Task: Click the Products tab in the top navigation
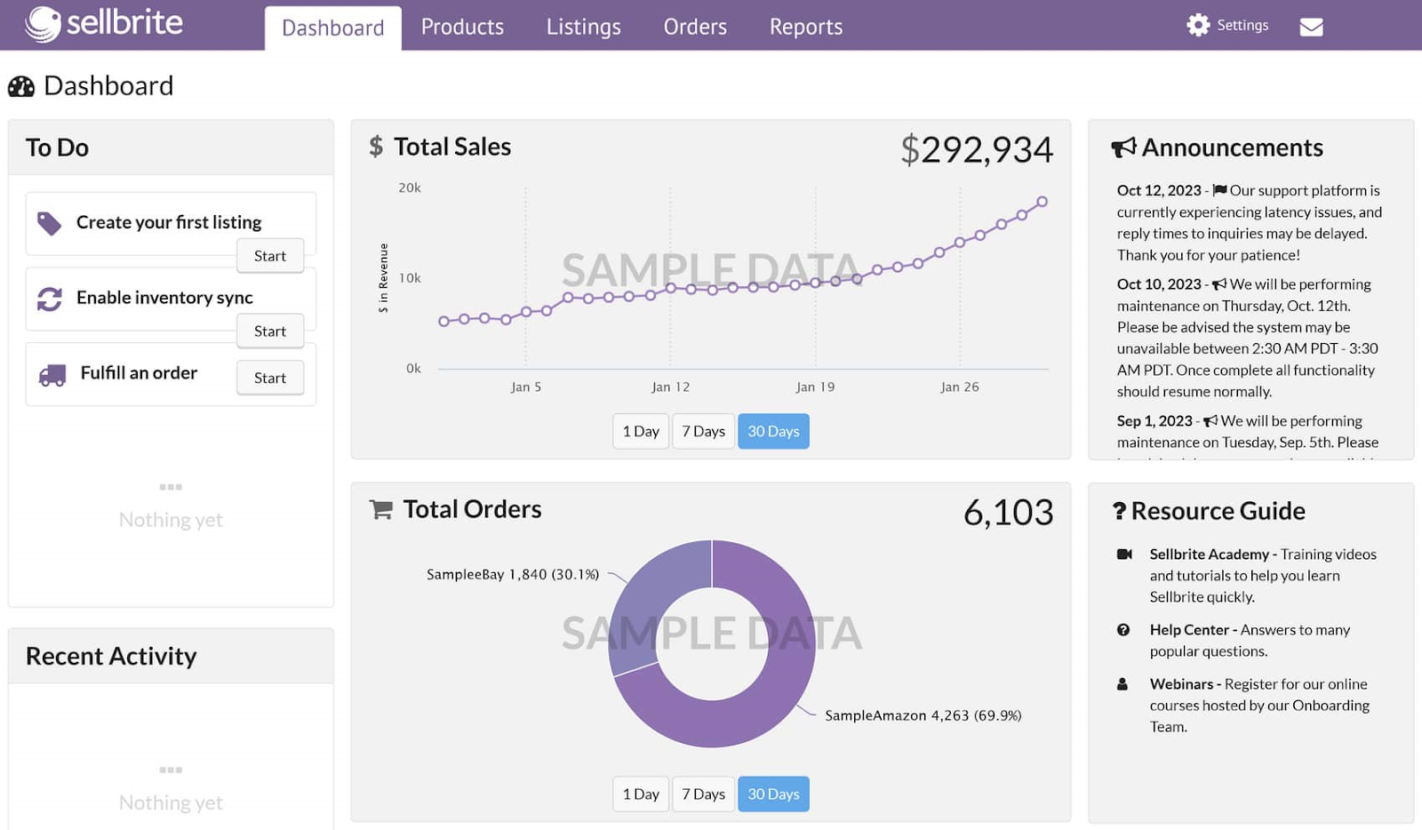tap(462, 27)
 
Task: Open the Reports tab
tap(805, 27)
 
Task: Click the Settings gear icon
tap(1198, 25)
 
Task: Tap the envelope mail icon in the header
tap(1311, 27)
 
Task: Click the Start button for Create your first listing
tap(270, 256)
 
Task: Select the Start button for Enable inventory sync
tap(270, 331)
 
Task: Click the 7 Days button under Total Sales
tap(703, 431)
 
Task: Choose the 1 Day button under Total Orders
tap(640, 794)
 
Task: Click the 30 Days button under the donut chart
tap(773, 794)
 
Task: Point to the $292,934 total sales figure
tap(976, 149)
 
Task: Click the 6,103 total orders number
tap(1008, 513)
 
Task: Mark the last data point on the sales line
tap(1042, 202)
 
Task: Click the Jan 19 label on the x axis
tap(815, 387)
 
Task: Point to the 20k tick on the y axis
tap(410, 188)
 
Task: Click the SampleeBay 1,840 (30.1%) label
tap(513, 574)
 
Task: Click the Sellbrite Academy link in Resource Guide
tap(1209, 554)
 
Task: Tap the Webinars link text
tap(1181, 683)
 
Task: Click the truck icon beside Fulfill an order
tap(52, 375)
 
